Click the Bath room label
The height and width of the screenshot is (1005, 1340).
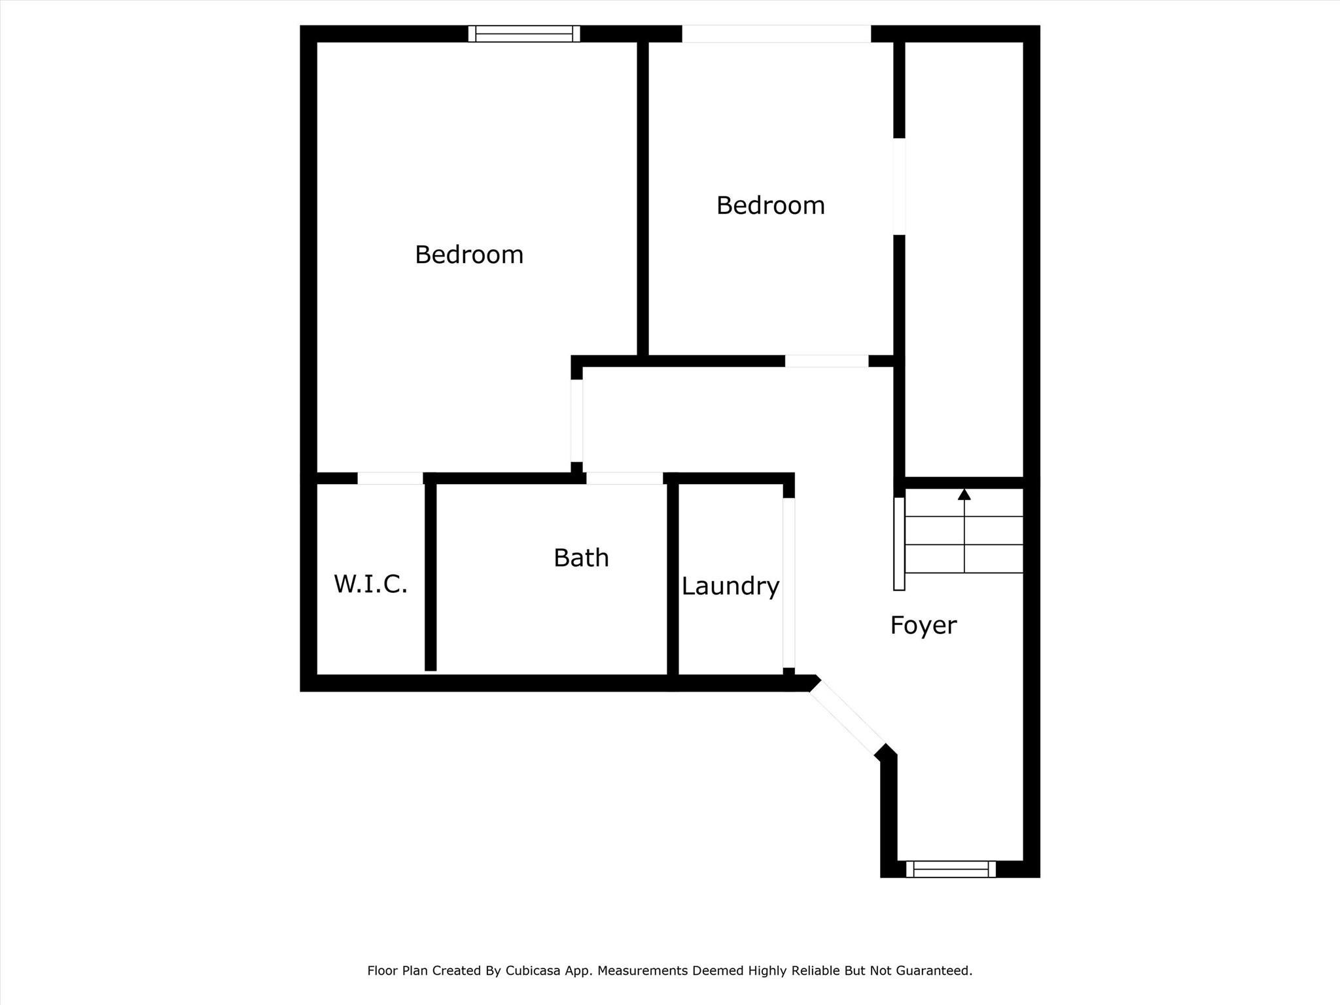click(581, 558)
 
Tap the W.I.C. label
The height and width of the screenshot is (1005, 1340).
click(370, 584)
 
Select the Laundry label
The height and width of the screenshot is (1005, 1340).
click(730, 586)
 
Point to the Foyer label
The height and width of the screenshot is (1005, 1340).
click(923, 626)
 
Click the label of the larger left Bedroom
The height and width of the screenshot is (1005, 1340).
click(469, 255)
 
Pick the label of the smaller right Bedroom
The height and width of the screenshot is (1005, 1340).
click(770, 205)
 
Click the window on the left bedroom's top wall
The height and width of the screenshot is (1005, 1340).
click(524, 33)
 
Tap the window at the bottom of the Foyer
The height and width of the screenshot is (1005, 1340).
click(951, 869)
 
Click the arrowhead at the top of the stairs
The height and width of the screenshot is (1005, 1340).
click(964, 494)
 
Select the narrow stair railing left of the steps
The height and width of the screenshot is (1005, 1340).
click(900, 544)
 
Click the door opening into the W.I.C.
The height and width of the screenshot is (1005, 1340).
click(390, 478)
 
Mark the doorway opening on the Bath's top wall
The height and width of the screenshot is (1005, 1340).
click(624, 478)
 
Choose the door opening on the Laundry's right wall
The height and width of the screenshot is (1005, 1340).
click(789, 583)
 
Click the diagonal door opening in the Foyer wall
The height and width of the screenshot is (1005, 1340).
click(847, 718)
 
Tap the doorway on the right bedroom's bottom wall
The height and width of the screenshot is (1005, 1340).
click(826, 361)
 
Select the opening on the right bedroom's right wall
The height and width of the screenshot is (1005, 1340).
click(900, 186)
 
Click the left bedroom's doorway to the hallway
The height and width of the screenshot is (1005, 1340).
click(576, 421)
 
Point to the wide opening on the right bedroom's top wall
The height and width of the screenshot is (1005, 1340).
click(777, 33)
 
